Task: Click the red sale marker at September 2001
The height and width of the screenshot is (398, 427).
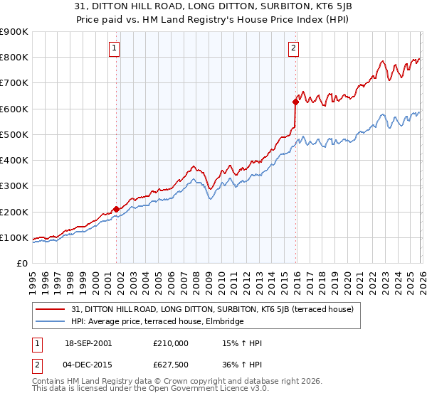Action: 116,209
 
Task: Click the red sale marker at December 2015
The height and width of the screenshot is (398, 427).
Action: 295,102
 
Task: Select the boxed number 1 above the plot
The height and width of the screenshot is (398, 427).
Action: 115,48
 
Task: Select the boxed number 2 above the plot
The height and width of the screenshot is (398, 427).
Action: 293,48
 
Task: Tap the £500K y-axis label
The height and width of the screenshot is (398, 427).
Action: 14,134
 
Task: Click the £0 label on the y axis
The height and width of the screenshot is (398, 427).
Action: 21,263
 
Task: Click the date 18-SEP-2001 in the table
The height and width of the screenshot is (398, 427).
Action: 88,343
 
